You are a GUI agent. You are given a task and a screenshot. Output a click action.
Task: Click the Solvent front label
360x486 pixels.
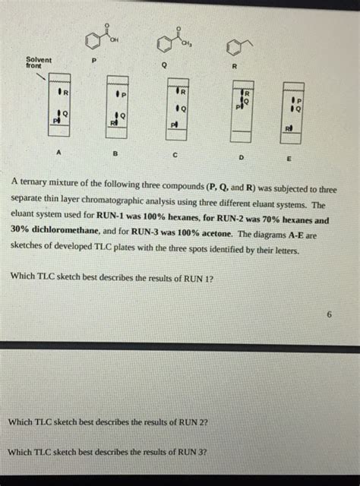point(39,63)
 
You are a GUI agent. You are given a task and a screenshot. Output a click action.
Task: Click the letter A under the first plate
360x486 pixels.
point(58,153)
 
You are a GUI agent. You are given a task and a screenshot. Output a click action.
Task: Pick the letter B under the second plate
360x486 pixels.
point(115,153)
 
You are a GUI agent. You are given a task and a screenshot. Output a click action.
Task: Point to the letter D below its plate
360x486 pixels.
point(240,156)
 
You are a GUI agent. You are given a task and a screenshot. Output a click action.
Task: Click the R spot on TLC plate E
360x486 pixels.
point(288,128)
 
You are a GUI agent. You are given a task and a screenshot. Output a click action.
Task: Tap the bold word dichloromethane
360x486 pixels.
point(77,232)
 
